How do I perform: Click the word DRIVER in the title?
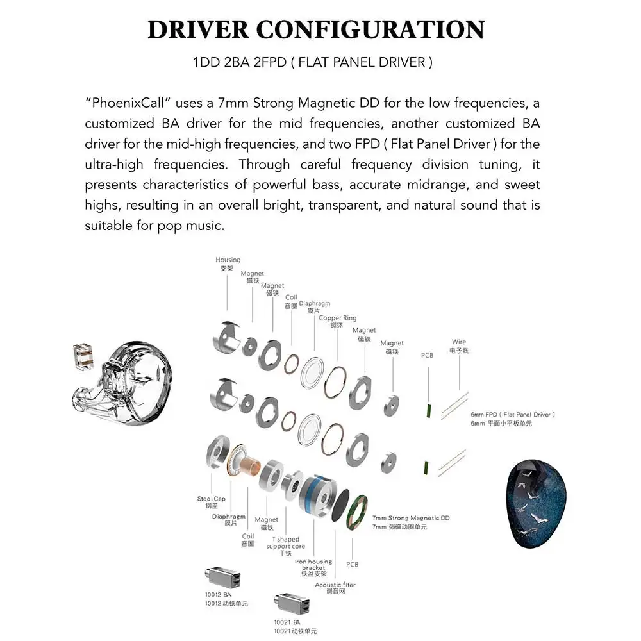197,30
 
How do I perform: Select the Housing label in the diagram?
228,260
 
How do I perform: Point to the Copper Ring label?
338,318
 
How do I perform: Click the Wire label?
458,342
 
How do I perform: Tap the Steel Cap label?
211,498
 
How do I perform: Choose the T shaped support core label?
288,543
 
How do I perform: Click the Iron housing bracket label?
313,565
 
